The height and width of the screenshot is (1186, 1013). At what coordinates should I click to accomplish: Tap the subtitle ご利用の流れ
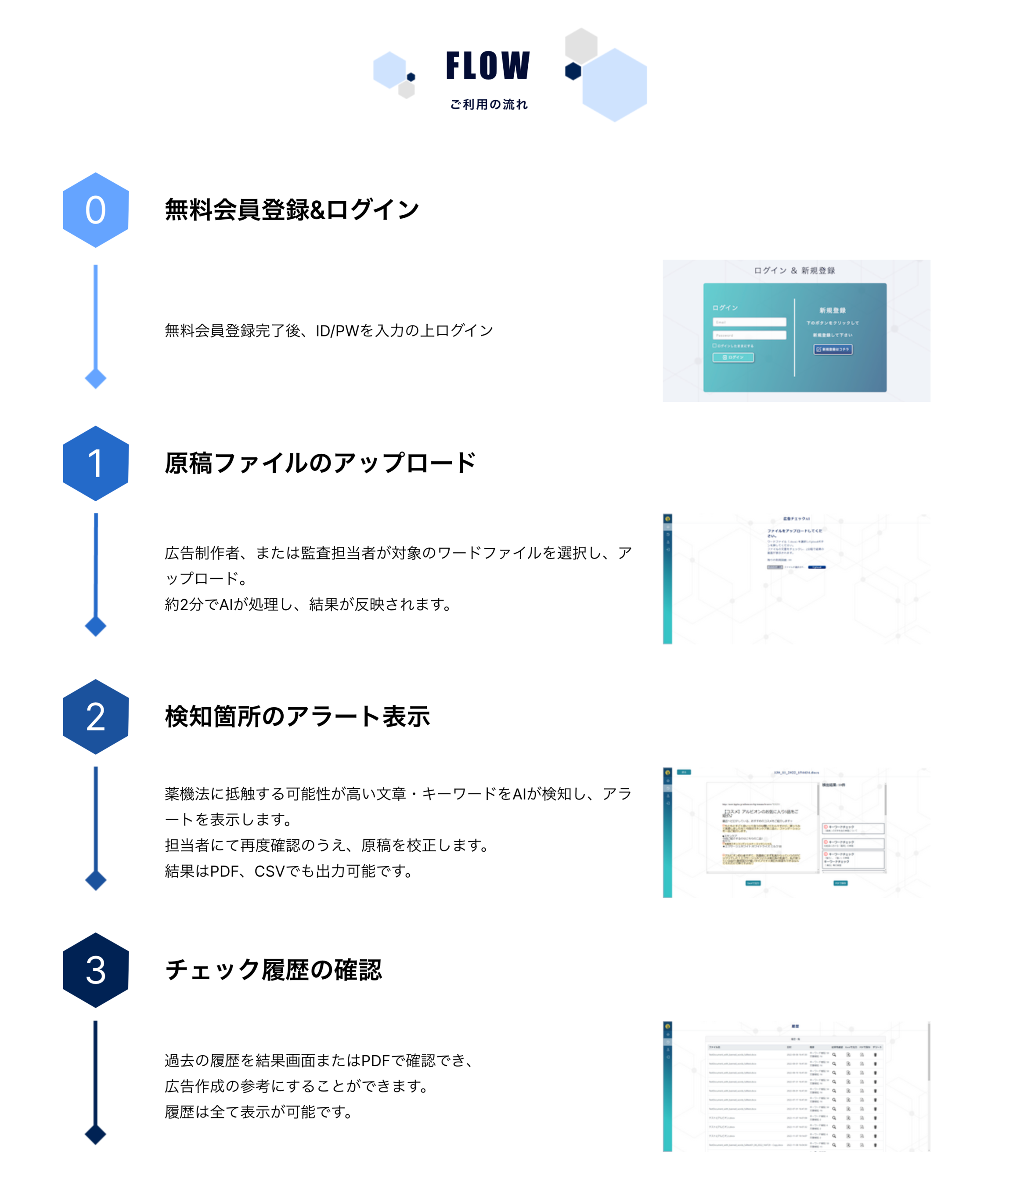coord(489,104)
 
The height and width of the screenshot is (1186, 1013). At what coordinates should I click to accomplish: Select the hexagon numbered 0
coord(96,210)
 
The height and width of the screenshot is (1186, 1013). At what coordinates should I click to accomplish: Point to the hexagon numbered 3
coord(96,970)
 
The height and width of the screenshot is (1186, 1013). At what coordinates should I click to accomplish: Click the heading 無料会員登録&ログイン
coord(292,210)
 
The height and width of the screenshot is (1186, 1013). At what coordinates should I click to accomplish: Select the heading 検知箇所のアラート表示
coord(297,716)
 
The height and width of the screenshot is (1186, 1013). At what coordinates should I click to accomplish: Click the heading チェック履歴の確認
coord(273,970)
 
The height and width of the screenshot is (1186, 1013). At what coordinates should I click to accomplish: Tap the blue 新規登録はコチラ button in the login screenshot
coord(833,349)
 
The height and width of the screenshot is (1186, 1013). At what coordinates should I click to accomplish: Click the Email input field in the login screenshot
coord(749,322)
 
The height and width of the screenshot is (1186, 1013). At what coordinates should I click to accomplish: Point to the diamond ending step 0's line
coord(96,378)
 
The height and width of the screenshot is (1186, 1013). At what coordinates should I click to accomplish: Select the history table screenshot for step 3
coord(796,1086)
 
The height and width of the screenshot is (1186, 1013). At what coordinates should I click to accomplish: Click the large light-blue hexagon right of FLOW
coord(614,85)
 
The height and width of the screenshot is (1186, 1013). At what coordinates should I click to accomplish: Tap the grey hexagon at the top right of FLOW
coord(581,45)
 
